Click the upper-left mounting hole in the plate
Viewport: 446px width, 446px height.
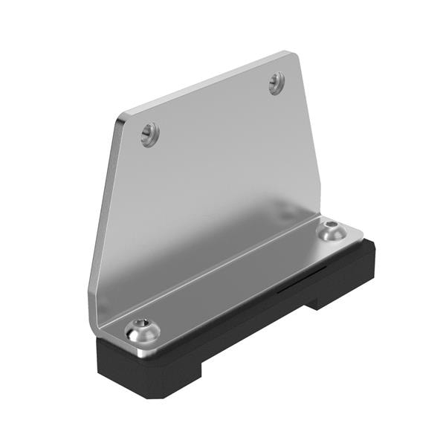pyautogui.click(x=150, y=134)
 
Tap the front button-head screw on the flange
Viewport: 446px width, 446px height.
pyautogui.click(x=141, y=332)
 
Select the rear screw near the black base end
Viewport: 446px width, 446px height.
pyautogui.click(x=331, y=230)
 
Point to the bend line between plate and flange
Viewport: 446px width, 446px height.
pyautogui.click(x=216, y=256)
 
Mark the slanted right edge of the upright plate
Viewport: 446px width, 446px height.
pyautogui.click(x=308, y=134)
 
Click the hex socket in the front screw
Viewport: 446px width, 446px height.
pyautogui.click(x=141, y=331)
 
